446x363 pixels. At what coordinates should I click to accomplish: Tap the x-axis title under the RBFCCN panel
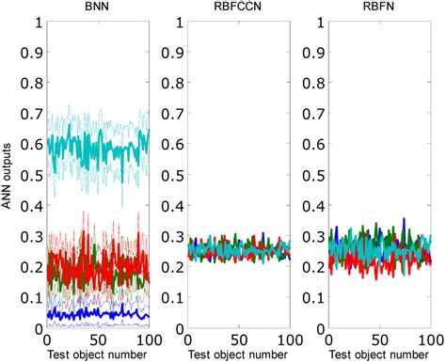pos(239,355)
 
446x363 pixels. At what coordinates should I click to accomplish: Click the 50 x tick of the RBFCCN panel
pos(239,339)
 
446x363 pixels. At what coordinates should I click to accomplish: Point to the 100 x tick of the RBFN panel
pos(427,339)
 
